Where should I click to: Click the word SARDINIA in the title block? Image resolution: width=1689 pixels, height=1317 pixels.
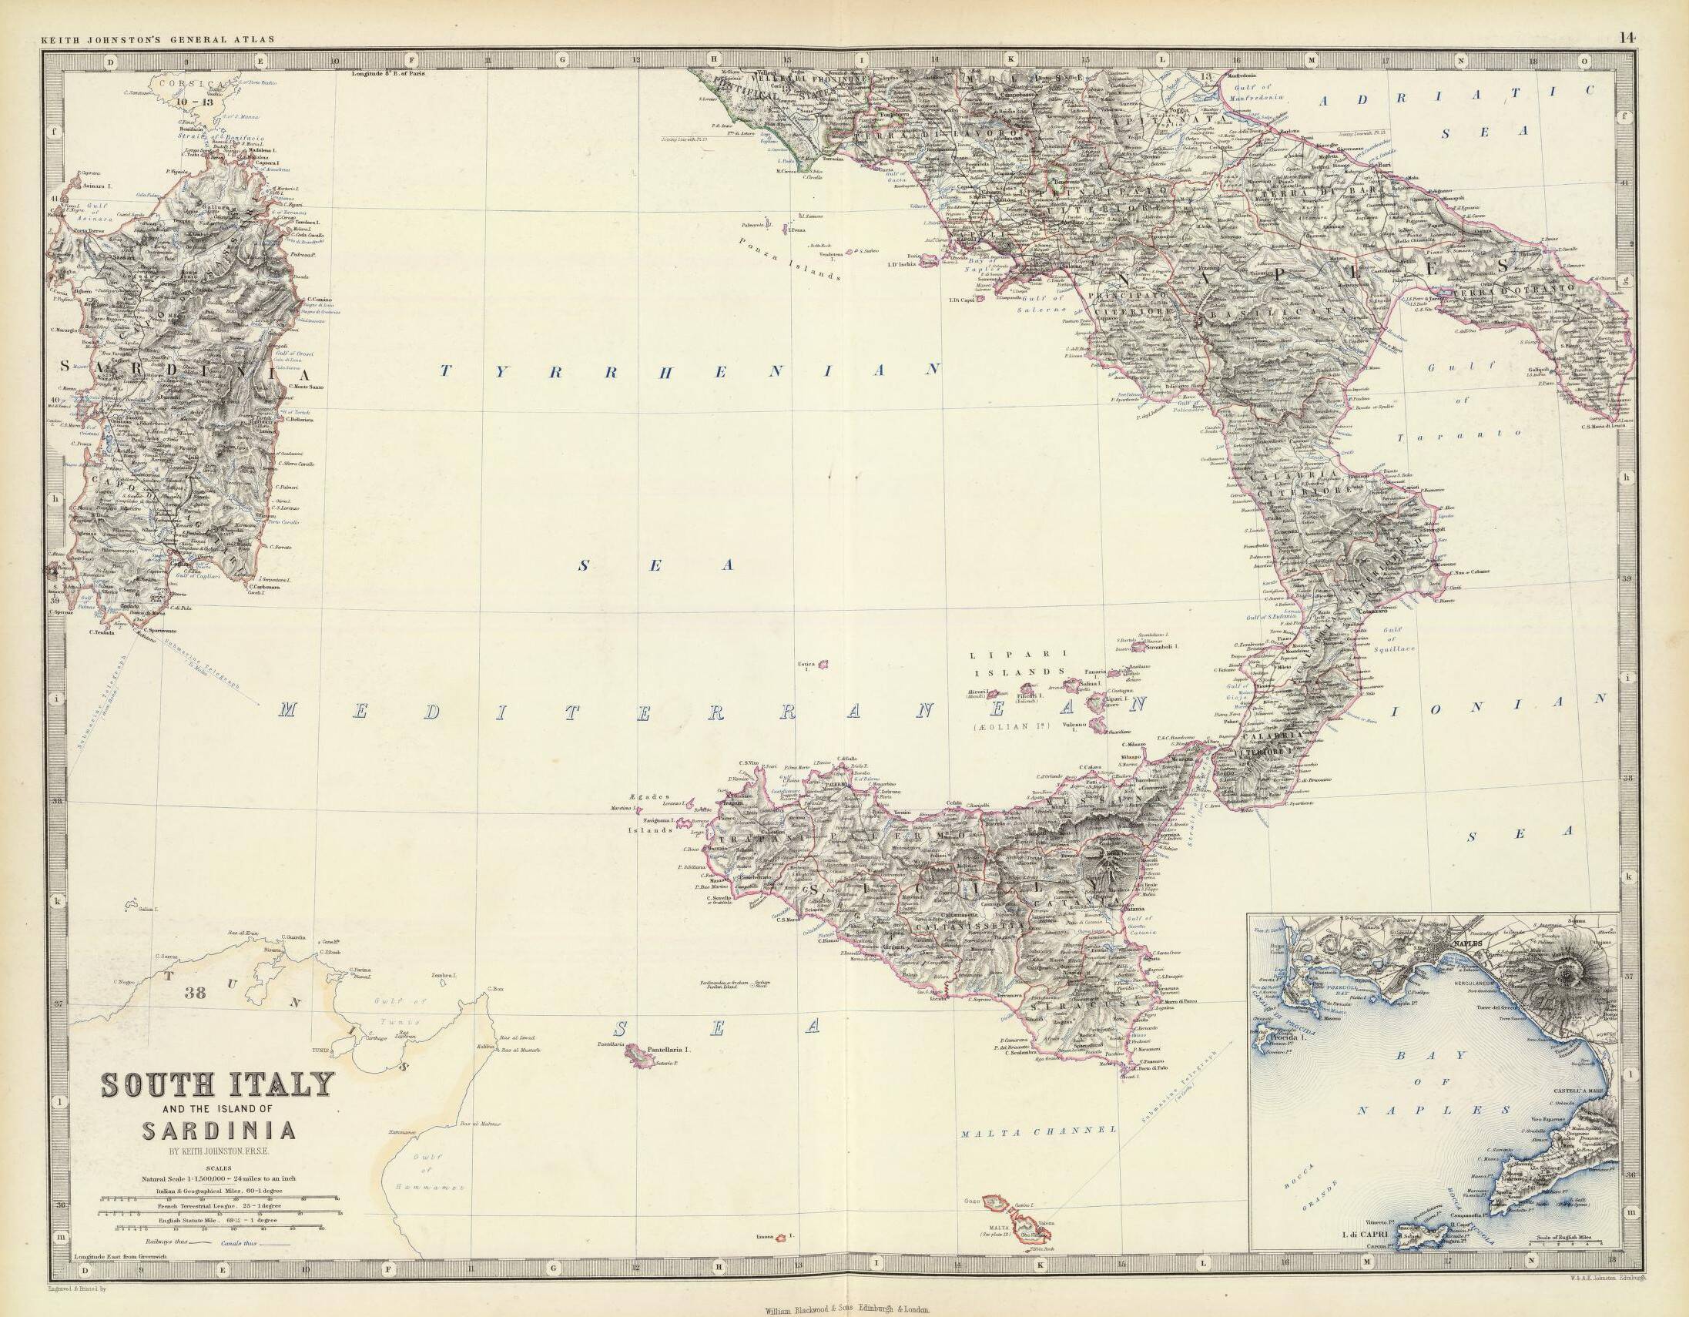[218, 1130]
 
